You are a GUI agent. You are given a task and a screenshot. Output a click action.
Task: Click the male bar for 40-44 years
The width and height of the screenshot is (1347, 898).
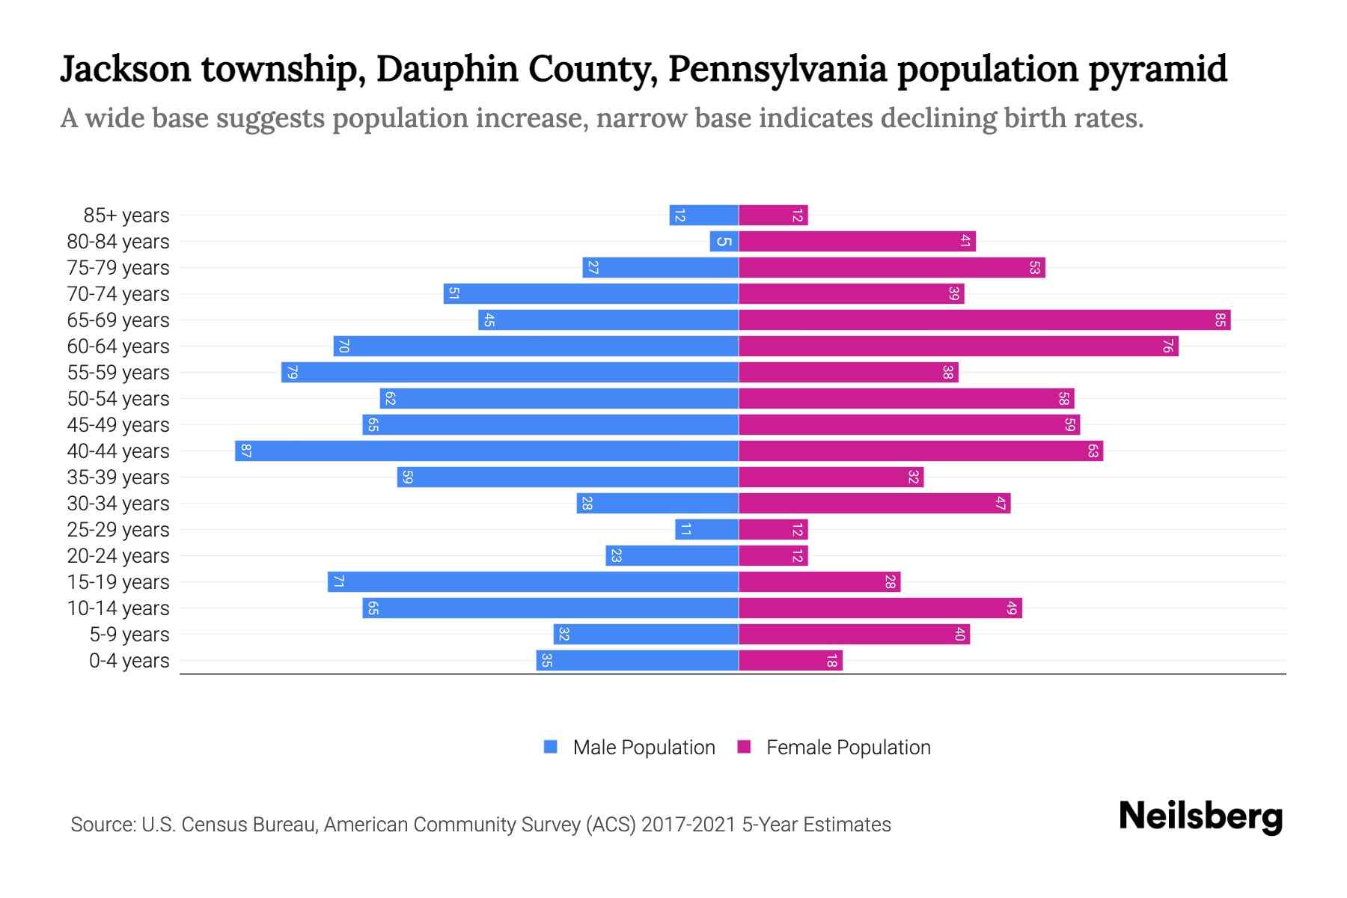[486, 451]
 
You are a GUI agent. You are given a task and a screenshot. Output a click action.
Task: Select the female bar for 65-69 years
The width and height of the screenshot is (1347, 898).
[984, 320]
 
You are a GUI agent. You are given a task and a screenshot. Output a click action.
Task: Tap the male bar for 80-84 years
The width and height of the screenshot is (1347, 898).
[724, 242]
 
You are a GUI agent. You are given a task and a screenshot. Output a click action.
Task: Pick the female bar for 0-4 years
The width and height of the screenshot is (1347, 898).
[790, 661]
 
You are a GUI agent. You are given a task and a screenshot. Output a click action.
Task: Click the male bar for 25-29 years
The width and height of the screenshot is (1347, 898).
[706, 530]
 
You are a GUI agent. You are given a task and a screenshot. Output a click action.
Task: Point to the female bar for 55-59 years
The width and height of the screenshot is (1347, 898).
[848, 373]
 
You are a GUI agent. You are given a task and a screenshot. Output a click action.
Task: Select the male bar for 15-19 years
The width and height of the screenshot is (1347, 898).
[533, 582]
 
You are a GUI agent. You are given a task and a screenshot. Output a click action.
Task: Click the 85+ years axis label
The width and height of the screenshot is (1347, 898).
[126, 216]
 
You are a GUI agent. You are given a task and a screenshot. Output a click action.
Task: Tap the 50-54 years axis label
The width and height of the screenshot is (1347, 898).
[118, 399]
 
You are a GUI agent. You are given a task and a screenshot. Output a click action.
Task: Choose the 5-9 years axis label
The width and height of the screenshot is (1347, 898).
[129, 635]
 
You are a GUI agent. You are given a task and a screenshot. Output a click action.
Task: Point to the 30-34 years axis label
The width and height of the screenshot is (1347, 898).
[118, 504]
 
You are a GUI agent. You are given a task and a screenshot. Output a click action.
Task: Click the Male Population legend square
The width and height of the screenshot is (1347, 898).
[551, 747]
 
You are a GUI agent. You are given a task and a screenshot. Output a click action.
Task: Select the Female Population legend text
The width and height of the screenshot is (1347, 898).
[848, 748]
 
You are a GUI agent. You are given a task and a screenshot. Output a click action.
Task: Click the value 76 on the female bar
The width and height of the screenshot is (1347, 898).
[1167, 346]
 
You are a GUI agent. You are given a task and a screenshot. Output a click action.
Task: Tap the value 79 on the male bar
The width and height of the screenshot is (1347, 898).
[293, 373]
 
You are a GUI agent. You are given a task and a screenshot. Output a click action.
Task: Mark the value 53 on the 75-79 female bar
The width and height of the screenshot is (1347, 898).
[1034, 268]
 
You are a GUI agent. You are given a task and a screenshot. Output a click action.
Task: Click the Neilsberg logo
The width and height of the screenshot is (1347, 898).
[1200, 816]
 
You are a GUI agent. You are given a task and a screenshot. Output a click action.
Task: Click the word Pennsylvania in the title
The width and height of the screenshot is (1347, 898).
[777, 70]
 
